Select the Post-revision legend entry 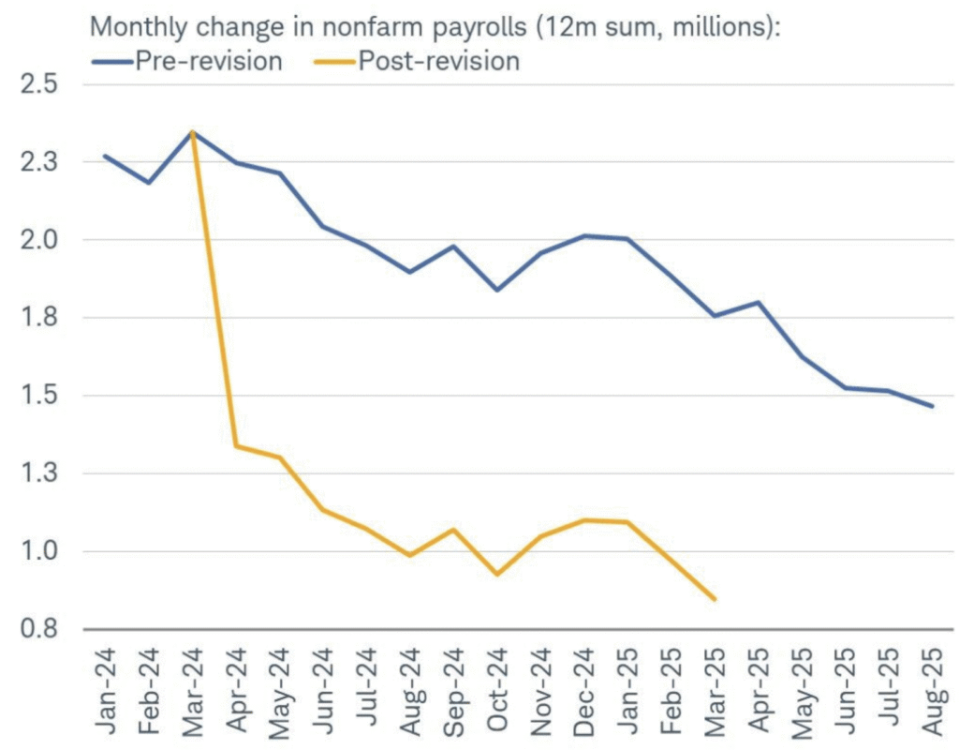tap(438, 62)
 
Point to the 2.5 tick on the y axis tap(38, 84)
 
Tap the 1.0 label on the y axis tap(38, 551)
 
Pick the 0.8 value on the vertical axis tap(38, 629)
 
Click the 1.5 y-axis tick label tap(38, 396)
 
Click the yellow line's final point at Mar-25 tap(716, 599)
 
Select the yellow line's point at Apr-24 tap(236, 445)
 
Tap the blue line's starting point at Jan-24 tap(105, 156)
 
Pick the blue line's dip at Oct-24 tap(497, 290)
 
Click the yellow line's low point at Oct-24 tap(497, 574)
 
